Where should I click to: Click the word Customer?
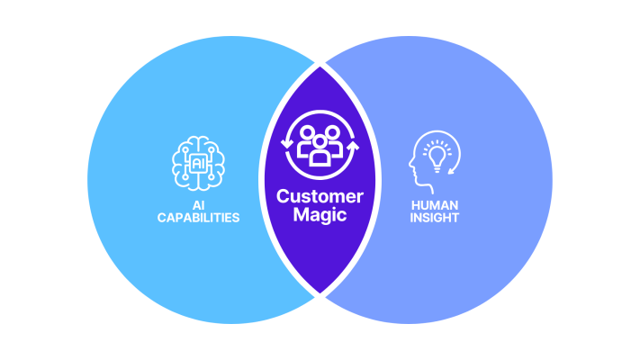(320, 196)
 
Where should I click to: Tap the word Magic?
(320, 215)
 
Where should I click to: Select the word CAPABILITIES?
(198, 218)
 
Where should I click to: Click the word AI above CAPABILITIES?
(198, 205)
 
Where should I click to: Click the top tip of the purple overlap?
(320, 64)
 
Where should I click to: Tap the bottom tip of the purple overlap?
(320, 295)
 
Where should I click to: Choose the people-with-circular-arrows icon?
(320, 144)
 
